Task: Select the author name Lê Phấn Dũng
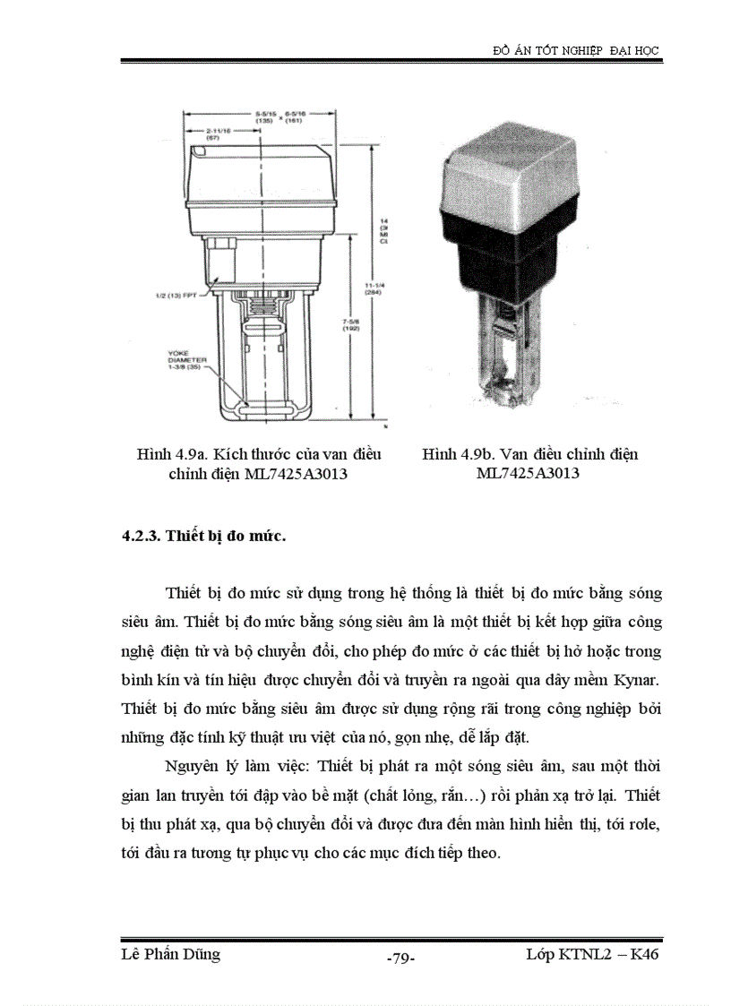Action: coord(170,955)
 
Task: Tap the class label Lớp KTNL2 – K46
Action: coord(592,955)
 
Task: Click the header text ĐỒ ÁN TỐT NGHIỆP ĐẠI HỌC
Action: coord(576,51)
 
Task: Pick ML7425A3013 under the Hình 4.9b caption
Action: coord(529,474)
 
